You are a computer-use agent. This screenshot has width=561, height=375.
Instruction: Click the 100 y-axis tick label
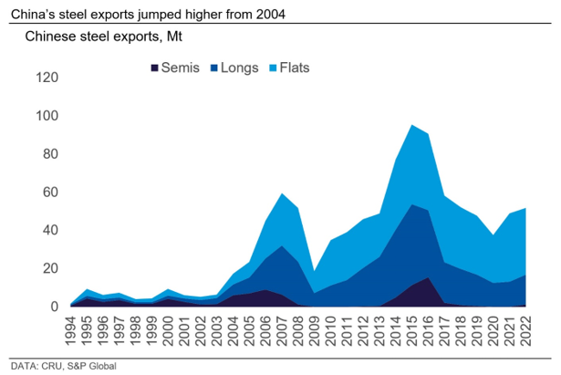[47, 116]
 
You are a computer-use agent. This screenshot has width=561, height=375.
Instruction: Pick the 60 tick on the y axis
[50, 193]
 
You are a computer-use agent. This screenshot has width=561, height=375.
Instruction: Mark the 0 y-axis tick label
[54, 307]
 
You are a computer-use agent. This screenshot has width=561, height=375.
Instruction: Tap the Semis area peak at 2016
[429, 277]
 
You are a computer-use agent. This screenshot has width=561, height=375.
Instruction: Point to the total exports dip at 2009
[314, 271]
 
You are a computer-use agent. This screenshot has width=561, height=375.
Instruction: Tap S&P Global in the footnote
[94, 366]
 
